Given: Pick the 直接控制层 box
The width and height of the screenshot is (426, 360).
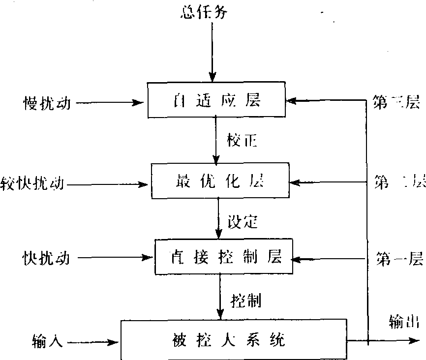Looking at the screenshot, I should tap(224, 257).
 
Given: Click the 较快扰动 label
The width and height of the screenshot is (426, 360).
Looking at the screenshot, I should tap(32, 185).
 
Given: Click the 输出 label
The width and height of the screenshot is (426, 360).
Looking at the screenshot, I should tap(404, 322).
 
